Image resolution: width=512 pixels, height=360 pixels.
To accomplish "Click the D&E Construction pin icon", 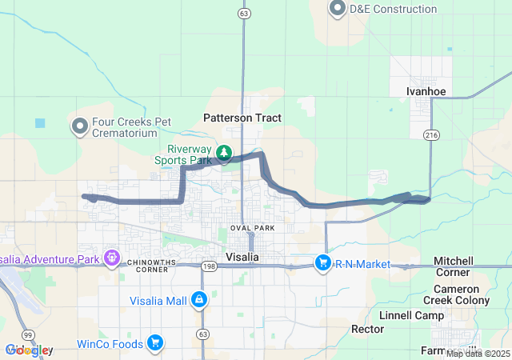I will point(337,9).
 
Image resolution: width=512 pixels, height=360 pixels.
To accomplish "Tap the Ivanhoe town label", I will point(426,91).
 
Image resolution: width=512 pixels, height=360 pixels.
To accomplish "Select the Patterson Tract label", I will point(242,118).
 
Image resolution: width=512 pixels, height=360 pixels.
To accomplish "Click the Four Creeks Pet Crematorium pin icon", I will point(80,126).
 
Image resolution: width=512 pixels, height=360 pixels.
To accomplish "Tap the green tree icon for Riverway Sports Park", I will point(225,151).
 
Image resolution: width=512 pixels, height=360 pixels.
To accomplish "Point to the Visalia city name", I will point(242,257).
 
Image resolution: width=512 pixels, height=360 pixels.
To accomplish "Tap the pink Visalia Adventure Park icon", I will point(111,258).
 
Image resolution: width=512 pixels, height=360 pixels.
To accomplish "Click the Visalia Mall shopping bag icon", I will point(198,300).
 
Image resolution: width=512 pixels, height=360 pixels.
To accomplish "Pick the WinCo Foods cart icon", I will point(154,344).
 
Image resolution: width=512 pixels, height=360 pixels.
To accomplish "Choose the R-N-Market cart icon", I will point(322,263).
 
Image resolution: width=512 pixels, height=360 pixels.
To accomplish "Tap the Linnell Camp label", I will point(411,315).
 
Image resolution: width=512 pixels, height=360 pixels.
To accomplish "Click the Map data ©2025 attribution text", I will point(478,354).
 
